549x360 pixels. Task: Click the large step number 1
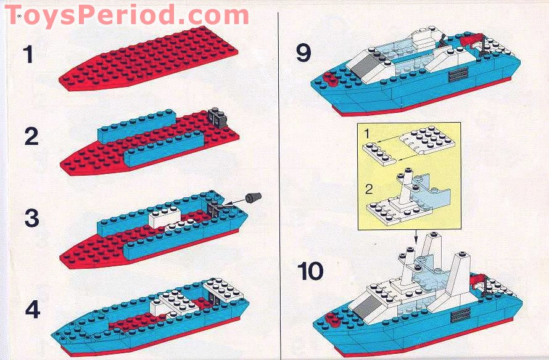click(28, 55)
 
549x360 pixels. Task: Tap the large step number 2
click(31, 136)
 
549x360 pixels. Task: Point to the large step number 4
click(32, 309)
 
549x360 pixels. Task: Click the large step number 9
click(303, 53)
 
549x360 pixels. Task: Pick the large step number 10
click(310, 271)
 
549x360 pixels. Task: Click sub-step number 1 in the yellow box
click(366, 133)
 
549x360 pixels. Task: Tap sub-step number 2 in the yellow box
click(369, 189)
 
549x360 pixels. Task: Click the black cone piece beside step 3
click(254, 197)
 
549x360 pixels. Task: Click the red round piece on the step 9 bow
click(330, 79)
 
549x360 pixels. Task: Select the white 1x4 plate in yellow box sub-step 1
click(379, 155)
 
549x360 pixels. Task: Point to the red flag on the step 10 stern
click(478, 280)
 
